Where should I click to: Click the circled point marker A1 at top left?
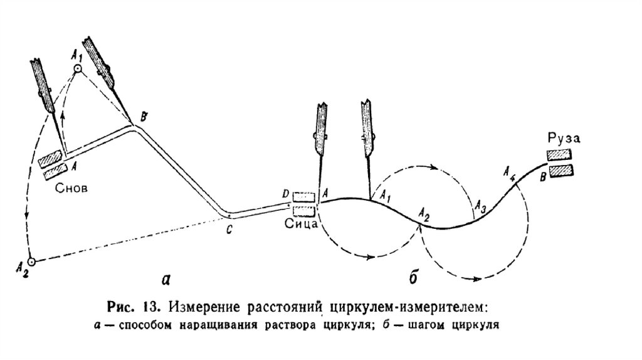pos(78,69)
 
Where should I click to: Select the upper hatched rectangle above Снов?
pos(50,159)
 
